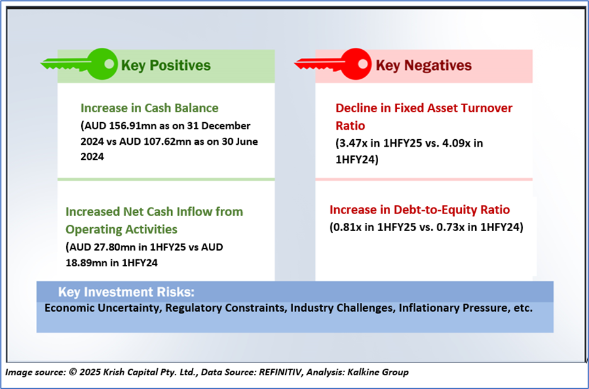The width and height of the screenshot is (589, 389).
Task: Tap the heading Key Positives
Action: pos(165,65)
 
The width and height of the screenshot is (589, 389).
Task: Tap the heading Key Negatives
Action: pos(424,65)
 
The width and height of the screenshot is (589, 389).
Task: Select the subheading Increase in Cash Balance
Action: pos(150,108)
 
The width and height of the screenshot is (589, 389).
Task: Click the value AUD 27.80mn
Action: pos(97,247)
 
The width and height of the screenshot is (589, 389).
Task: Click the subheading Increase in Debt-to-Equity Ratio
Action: pos(420,210)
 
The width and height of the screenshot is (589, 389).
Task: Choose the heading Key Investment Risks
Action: pos(126,292)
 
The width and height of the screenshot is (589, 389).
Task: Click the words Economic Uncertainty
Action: pos(103,308)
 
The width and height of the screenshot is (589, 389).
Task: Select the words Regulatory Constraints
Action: pos(226,308)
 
